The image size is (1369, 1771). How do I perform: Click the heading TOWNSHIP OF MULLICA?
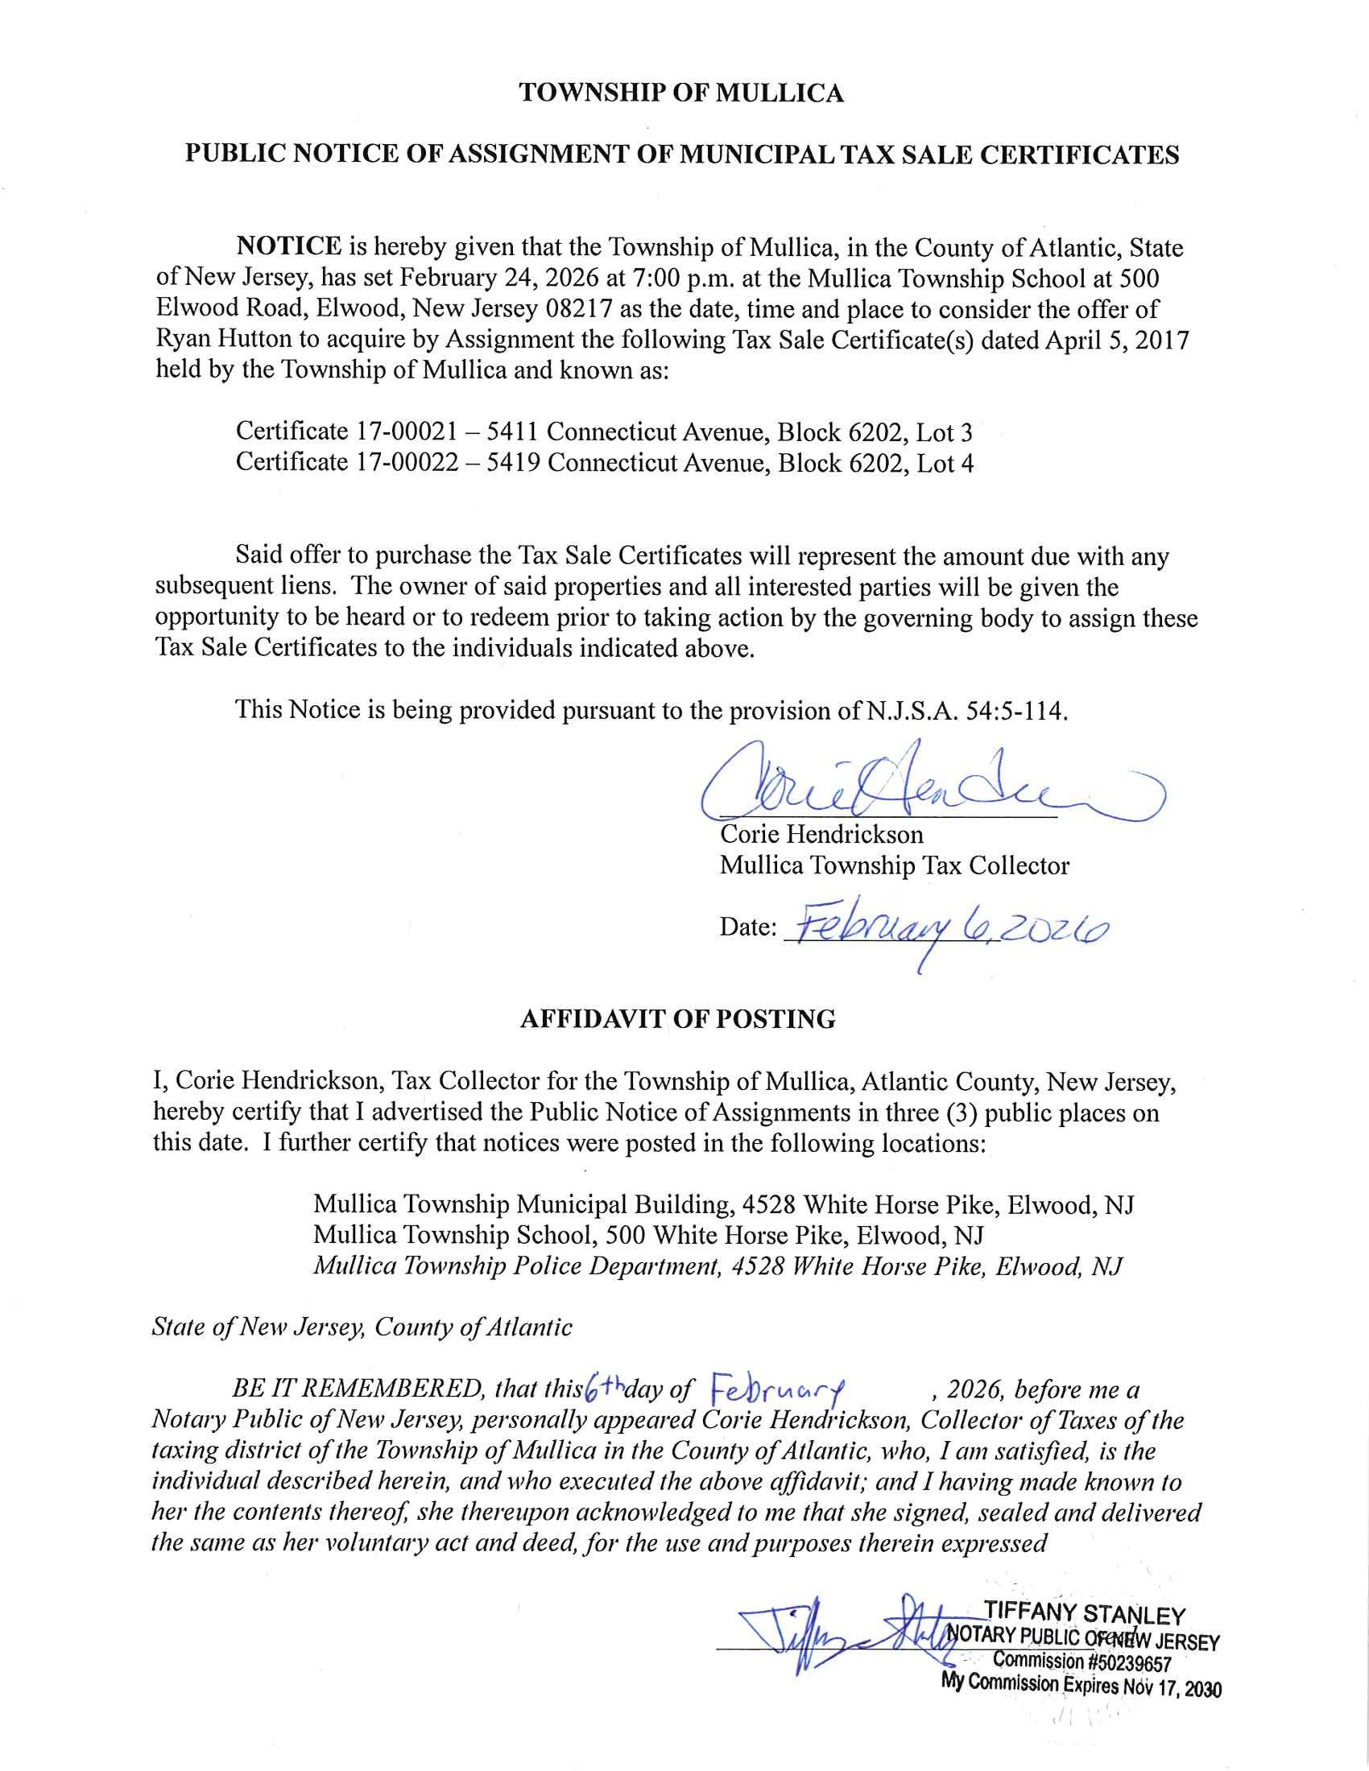point(681,94)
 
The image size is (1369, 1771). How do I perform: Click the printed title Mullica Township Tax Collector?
point(895,866)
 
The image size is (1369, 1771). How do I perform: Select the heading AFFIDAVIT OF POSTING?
point(677,1019)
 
